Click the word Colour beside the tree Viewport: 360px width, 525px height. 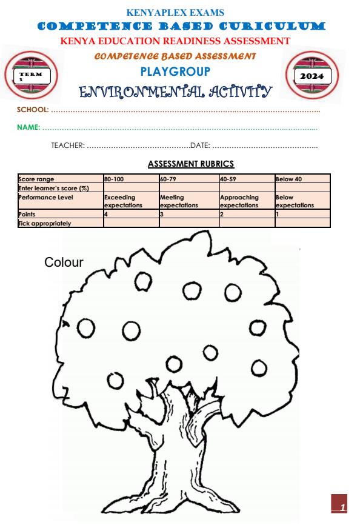(x=63, y=262)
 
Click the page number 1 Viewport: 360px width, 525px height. (x=342, y=506)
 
